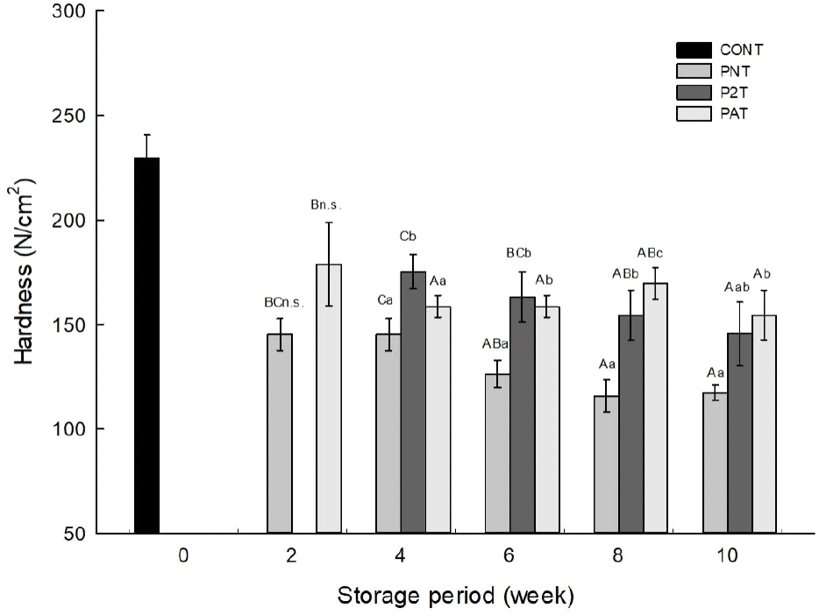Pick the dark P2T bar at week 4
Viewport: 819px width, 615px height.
(413, 402)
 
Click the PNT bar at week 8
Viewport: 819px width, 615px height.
(606, 464)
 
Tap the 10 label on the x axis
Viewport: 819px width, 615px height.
(727, 556)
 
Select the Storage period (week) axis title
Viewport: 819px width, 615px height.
(456, 597)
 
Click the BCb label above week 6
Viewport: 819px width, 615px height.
(520, 253)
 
